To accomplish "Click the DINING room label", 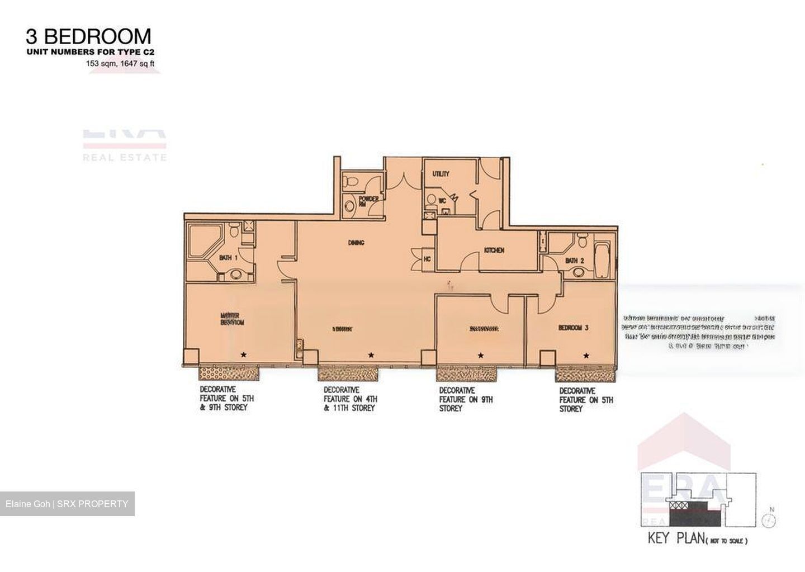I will pyautogui.click(x=356, y=243).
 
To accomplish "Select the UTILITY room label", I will pyautogui.click(x=441, y=174).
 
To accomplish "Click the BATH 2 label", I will pyautogui.click(x=575, y=261).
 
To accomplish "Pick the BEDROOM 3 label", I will pyautogui.click(x=573, y=328).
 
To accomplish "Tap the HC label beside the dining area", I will pyautogui.click(x=428, y=259).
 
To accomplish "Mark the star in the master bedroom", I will pyautogui.click(x=243, y=354).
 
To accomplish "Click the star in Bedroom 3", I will pyautogui.click(x=586, y=355).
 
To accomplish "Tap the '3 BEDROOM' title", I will pyautogui.click(x=88, y=36).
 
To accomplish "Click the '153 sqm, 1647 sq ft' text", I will pyautogui.click(x=120, y=64).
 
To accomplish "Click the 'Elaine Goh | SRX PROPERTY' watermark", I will pyautogui.click(x=67, y=504).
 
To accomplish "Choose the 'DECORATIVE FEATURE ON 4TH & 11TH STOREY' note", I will pyautogui.click(x=351, y=399).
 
